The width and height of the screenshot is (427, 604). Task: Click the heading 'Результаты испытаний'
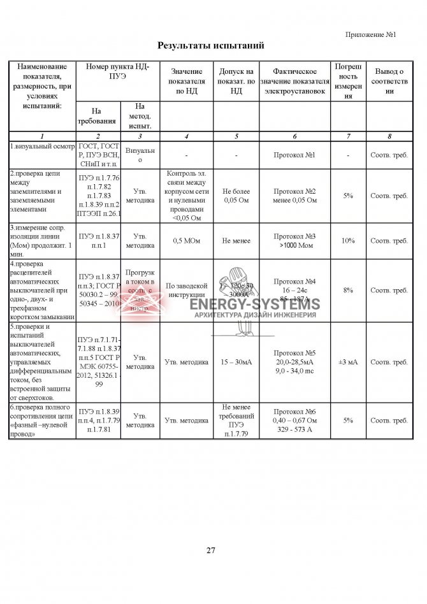click(210, 46)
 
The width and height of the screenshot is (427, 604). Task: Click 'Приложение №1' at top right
click(371, 34)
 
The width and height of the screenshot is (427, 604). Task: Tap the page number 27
click(211, 550)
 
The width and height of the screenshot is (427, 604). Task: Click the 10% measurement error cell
click(348, 241)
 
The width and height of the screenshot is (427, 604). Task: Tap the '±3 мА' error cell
click(348, 361)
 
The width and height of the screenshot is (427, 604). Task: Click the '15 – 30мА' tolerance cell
click(236, 361)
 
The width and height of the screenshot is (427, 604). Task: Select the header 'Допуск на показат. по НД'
click(236, 81)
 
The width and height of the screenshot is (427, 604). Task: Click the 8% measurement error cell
click(348, 290)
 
